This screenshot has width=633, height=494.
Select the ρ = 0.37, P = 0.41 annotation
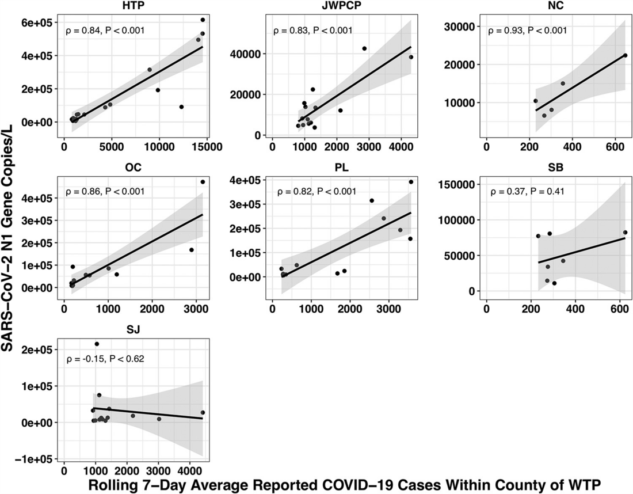click(527, 192)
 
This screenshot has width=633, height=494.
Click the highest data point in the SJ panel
click(97, 344)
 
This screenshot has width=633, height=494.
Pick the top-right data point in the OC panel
click(203, 182)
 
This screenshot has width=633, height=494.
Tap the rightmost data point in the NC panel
click(625, 55)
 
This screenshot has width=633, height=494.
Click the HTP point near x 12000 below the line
click(181, 107)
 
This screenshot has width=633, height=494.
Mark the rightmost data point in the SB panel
click(625, 232)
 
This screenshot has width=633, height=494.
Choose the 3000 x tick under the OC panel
click(195, 308)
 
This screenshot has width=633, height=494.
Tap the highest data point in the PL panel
click(411, 182)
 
